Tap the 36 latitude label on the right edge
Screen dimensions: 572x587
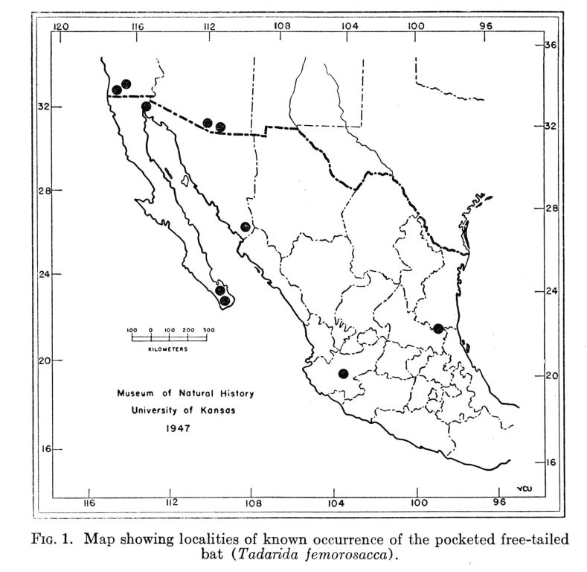[x=552, y=44]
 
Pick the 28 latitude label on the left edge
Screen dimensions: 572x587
[x=44, y=191]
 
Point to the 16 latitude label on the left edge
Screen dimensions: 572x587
[x=44, y=450]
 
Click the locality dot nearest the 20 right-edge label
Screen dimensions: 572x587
[x=343, y=374]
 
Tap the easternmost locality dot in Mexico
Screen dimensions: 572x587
[x=438, y=328]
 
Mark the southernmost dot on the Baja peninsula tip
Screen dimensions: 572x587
[x=225, y=300]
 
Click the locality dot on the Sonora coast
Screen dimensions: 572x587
[x=246, y=226]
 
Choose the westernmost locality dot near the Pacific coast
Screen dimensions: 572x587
[x=117, y=90]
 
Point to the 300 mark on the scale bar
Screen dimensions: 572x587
[x=208, y=328]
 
